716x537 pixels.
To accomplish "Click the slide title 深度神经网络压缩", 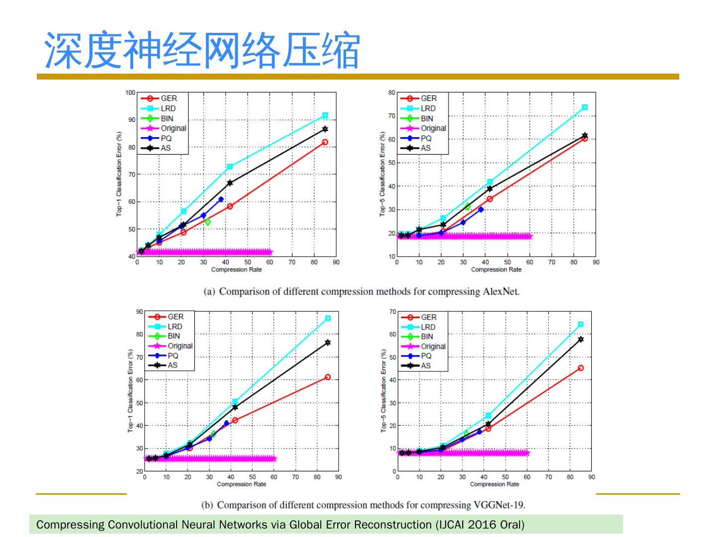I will [202, 51].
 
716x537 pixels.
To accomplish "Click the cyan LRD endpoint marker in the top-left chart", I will [325, 115].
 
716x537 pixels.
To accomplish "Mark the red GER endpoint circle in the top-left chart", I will [325, 142].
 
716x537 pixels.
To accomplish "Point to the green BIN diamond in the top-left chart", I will [207, 222].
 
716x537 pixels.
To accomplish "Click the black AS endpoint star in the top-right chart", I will [585, 135].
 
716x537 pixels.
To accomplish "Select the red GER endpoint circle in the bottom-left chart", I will [328, 377].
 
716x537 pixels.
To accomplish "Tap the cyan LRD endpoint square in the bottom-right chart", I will [581, 324].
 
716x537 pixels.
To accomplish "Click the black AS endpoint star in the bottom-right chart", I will [581, 339].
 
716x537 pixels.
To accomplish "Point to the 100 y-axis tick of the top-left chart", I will [130, 92].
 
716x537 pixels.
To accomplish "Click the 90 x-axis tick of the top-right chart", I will [596, 262].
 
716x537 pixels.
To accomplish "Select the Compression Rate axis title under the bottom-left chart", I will [241, 484].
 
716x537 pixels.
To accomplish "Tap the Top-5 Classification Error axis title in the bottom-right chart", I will [383, 391].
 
